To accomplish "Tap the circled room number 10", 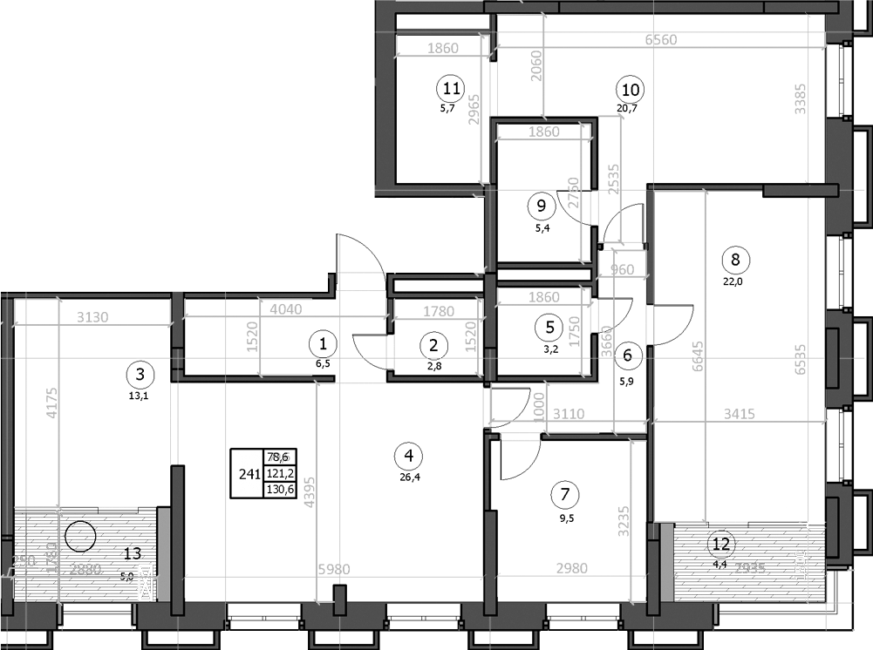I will coord(631,88).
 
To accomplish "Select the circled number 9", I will coord(542,207).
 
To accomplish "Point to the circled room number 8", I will coord(735,259).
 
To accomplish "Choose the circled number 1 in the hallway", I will coord(324,344).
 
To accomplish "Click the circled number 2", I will coord(433,346).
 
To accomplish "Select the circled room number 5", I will coord(549,328).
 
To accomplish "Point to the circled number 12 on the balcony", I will coord(720,544).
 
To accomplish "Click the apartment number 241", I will coord(247,474).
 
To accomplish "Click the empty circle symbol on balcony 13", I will coord(80,536).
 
